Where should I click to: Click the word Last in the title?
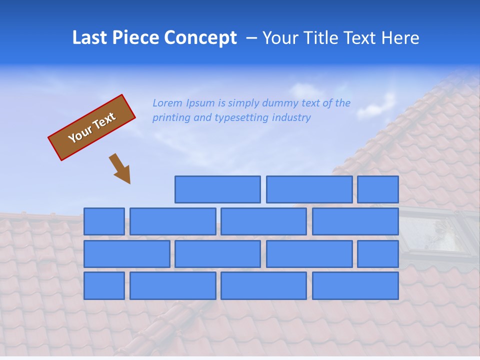coord(90,38)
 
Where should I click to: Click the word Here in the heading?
coord(399,38)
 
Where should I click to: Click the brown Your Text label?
coord(91,127)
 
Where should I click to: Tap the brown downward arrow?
coord(120,168)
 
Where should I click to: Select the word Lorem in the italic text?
coord(167,103)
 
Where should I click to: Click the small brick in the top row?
coord(378,189)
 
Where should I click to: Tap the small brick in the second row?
coord(104,221)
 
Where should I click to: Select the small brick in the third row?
coord(378,254)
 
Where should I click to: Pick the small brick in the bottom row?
coord(104,286)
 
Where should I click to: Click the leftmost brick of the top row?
coord(217,189)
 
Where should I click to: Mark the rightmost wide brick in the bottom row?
coord(355,286)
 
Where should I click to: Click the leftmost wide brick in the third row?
coord(126,254)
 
